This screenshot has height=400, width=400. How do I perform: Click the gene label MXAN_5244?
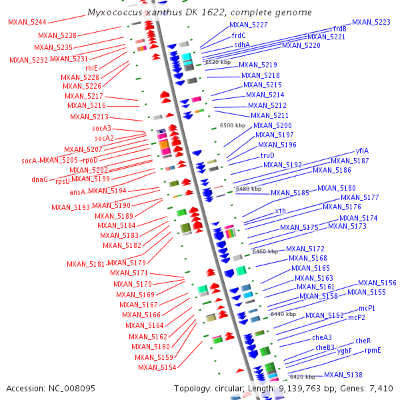27,22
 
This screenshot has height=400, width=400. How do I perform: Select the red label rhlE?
91,68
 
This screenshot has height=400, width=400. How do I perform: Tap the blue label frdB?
339,29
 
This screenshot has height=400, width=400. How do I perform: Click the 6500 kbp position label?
233,125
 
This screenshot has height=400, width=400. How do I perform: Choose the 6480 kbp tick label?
249,189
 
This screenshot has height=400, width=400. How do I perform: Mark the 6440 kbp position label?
283,314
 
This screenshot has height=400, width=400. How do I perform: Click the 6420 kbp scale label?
302,377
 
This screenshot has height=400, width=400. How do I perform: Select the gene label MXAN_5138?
343,375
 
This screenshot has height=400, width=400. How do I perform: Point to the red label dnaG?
39,179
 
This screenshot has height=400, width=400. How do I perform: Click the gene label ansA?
77,192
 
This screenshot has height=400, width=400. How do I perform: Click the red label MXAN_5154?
157,367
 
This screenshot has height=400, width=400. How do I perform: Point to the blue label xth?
281,211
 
